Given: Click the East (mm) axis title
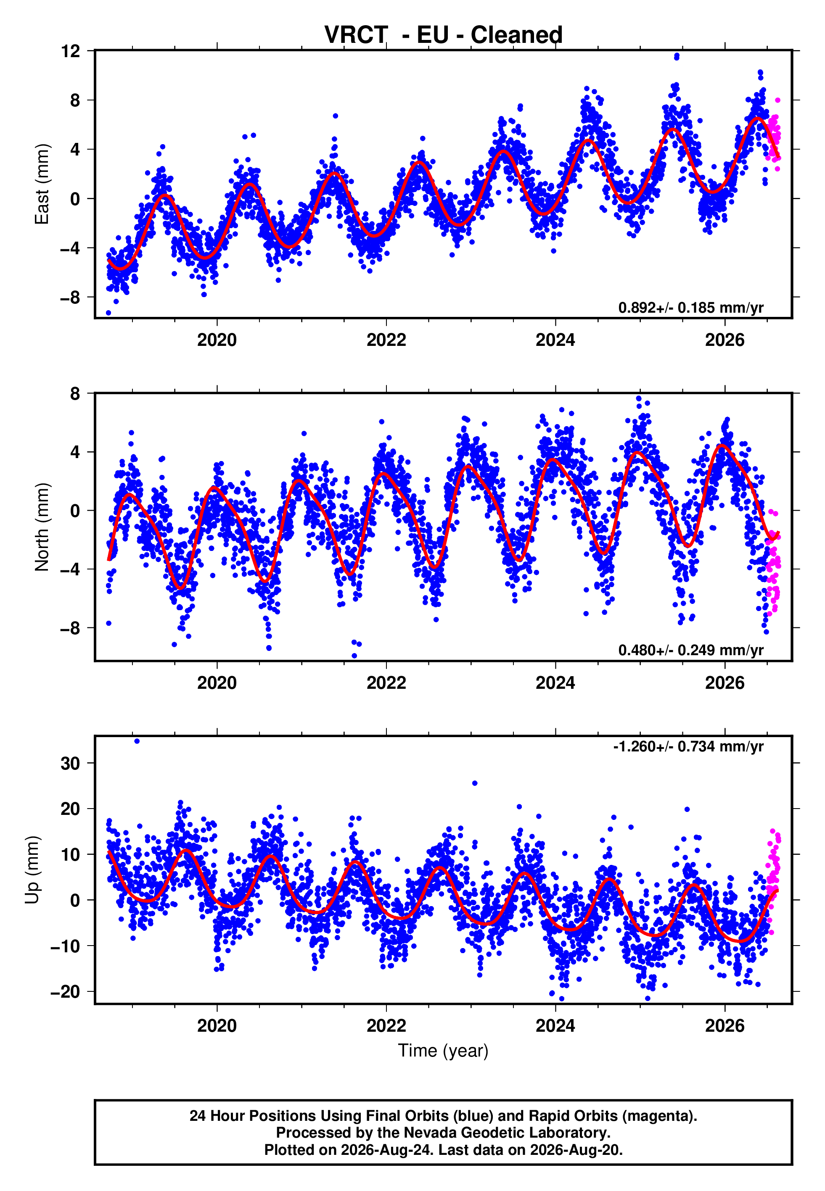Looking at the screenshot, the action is coord(42,184).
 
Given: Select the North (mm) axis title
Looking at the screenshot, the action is coord(42,527).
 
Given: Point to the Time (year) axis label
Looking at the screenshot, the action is coord(443,1051).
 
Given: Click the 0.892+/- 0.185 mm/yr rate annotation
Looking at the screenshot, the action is coord(690,308).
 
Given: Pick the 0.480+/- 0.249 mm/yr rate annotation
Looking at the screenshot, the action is coord(690,650).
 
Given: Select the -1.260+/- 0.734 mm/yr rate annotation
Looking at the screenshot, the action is coord(688,746).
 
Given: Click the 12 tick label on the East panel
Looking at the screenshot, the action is coord(71,51).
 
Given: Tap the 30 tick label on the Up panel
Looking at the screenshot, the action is coord(71,763).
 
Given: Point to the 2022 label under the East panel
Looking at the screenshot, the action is coord(386,340).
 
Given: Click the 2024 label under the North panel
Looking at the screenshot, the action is coord(555,683).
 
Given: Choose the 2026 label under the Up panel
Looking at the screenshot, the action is coord(725,1026).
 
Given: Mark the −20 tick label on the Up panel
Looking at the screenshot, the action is coord(66,992).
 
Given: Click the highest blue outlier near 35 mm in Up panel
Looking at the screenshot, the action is coord(137,741).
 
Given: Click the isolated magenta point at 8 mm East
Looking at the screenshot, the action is coord(777,100).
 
